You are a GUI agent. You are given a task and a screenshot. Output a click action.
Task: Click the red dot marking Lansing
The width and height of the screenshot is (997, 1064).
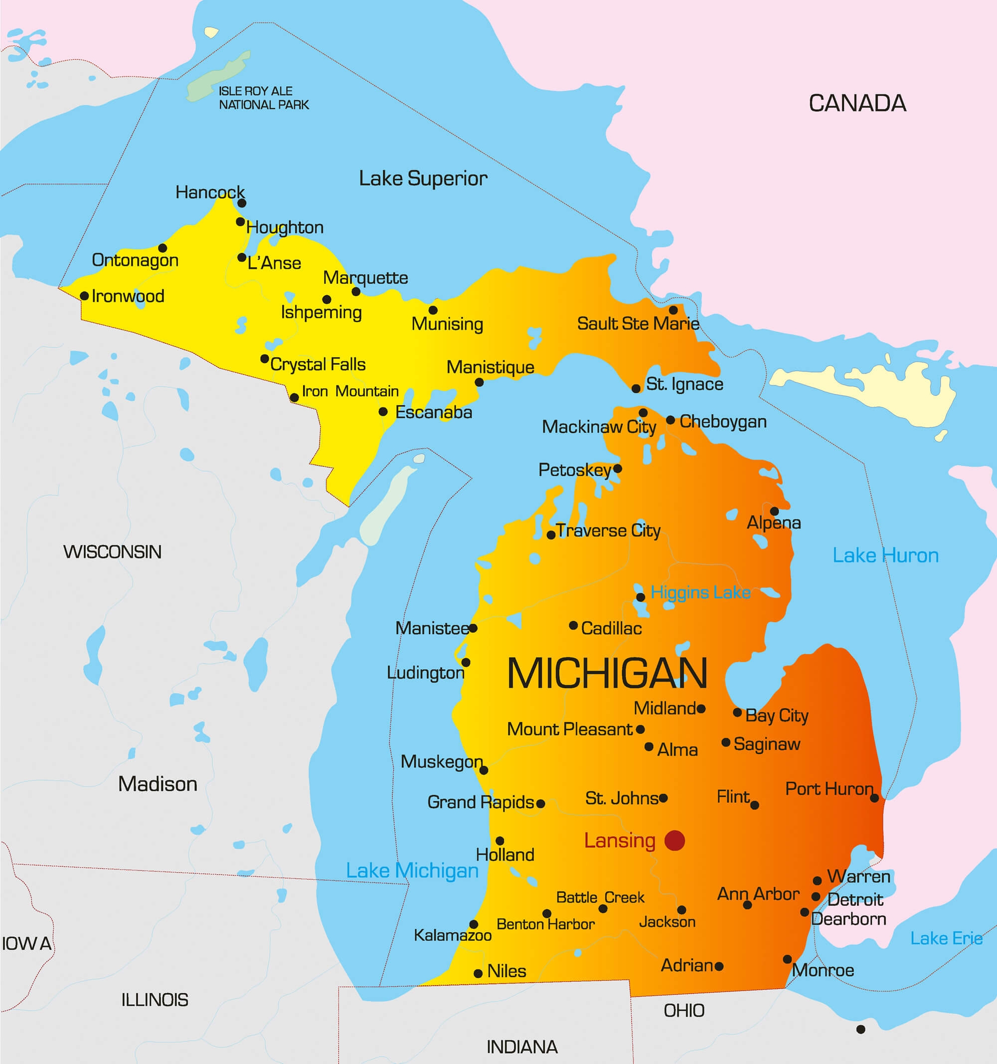coord(674,840)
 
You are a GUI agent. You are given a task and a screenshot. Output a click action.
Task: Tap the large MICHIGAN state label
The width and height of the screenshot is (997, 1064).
coord(607,673)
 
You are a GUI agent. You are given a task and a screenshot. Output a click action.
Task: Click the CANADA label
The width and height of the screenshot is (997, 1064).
coord(857,103)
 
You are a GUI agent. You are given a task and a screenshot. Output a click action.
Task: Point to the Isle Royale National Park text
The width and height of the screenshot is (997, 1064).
coord(263,98)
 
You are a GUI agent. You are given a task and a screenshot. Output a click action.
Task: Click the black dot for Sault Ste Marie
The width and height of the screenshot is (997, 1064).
coord(673,310)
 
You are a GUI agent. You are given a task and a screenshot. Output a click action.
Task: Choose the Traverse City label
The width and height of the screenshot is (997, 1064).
coord(608,531)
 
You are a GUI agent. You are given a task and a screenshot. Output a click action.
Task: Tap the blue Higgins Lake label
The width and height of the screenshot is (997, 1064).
coord(700,592)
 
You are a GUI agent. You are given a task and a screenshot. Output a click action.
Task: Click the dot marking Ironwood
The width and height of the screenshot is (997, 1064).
coord(84,296)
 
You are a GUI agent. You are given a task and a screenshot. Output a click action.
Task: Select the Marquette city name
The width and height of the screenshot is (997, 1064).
coord(365,278)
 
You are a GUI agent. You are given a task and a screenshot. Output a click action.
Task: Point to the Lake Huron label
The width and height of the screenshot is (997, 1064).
coord(885,555)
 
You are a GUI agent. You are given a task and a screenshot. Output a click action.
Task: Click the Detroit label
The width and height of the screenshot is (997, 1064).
coord(854,899)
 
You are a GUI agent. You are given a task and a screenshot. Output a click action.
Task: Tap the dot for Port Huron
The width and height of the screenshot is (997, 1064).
coord(874,798)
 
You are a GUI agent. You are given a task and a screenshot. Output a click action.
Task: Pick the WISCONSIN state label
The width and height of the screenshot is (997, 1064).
coord(112,552)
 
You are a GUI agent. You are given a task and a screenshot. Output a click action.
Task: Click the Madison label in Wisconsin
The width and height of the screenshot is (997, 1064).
coord(158,784)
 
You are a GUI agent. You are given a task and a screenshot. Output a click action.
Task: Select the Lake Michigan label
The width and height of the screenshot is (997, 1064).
coord(412,871)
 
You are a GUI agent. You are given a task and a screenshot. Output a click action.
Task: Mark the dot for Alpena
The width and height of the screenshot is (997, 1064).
coord(774,511)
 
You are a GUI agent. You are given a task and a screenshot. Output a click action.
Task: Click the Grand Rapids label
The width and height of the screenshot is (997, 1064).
coord(480,802)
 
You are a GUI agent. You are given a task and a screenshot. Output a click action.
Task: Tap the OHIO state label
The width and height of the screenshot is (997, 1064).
coord(684,1011)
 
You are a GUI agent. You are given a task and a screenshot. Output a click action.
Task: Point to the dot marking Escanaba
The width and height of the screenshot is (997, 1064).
coord(383,411)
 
